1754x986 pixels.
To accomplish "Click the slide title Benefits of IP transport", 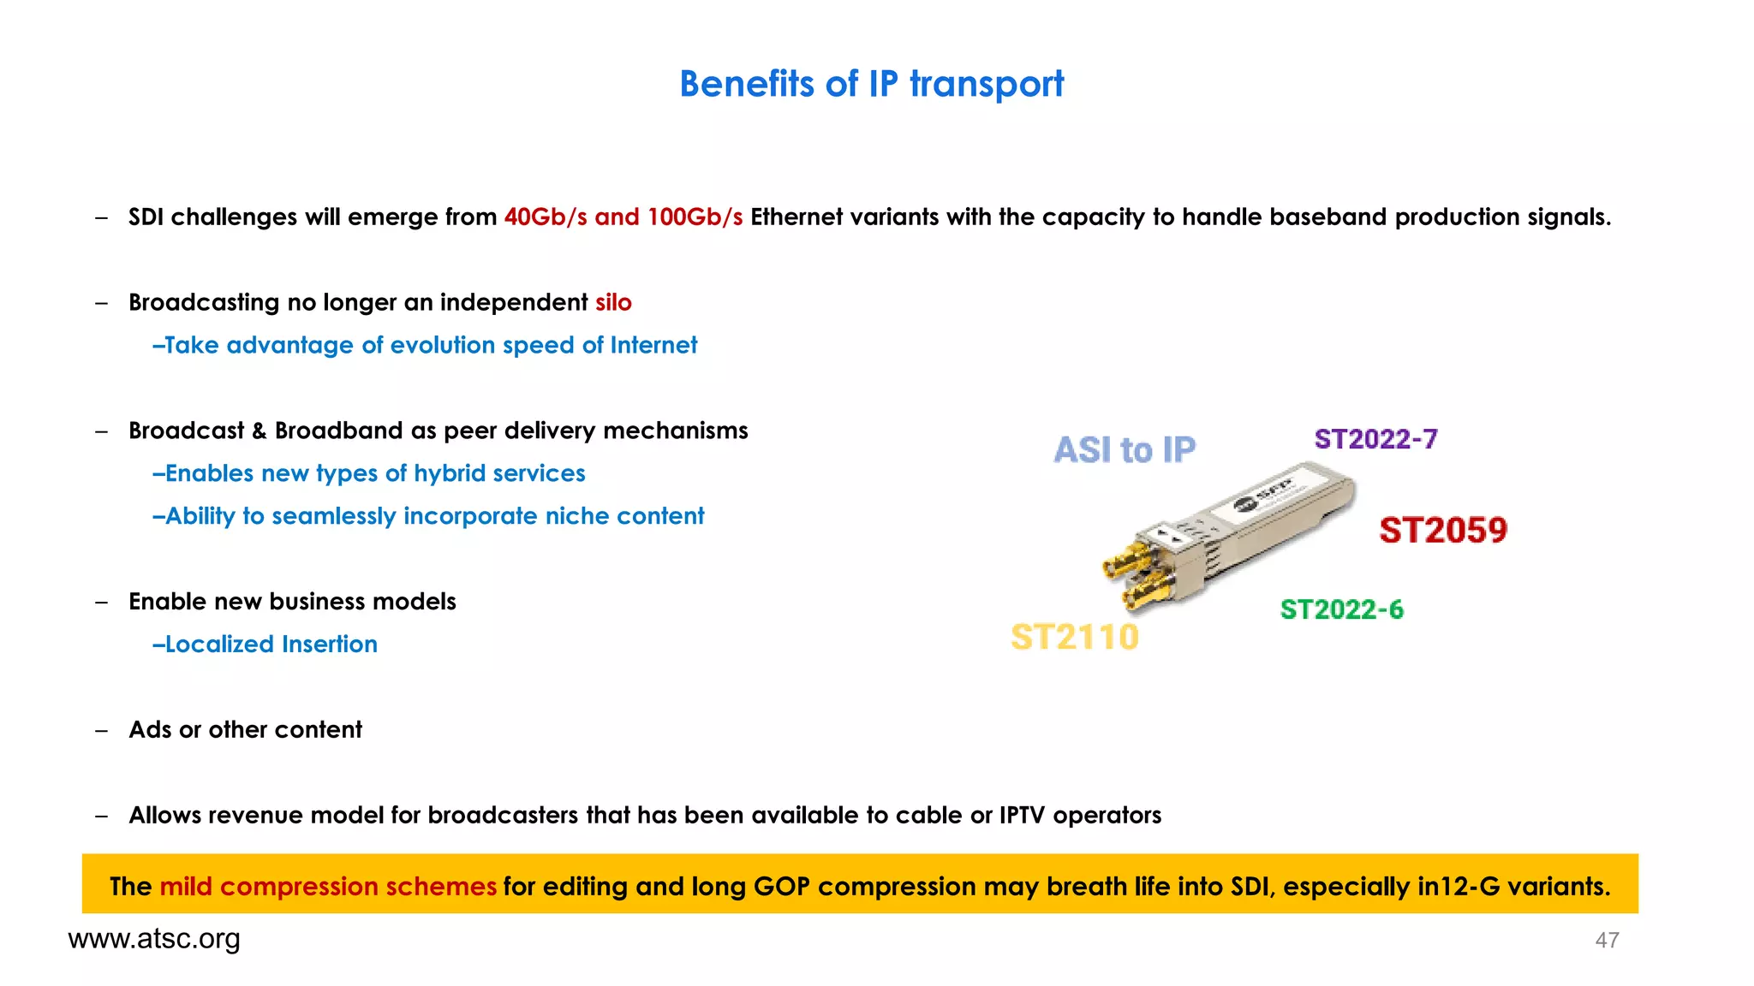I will (871, 84).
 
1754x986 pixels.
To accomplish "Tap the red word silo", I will (613, 303).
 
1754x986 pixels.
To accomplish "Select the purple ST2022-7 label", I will (1375, 439).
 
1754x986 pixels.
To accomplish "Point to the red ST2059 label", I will (1443, 531).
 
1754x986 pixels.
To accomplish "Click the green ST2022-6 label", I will (1341, 609).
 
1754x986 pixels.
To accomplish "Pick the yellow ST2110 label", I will (1074, 638).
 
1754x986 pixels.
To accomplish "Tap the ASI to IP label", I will (1124, 450).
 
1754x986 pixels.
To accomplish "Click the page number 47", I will (1607, 941).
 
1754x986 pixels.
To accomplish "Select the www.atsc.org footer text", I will (154, 939).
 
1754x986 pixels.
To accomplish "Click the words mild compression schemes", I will (328, 887).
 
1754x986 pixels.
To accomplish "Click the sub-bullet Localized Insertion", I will (265, 644).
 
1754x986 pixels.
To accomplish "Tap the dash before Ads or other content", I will (102, 730).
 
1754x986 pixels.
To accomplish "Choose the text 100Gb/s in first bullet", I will (695, 217).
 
